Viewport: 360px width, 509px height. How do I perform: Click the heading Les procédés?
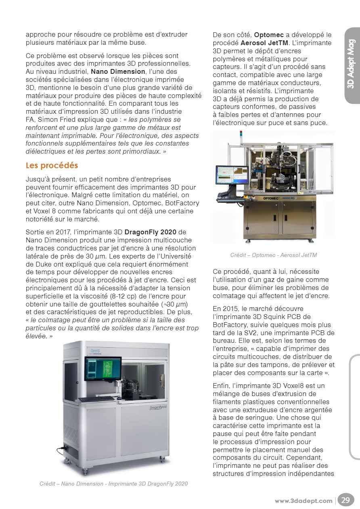coord(52,166)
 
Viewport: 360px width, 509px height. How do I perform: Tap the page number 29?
coord(346,500)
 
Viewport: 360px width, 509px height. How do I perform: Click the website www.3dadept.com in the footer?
coord(303,501)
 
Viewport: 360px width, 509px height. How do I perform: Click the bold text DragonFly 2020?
coord(151,232)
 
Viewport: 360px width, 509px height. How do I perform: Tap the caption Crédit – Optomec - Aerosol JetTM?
coord(273,255)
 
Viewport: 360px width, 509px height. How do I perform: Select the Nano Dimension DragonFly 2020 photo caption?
coord(113,484)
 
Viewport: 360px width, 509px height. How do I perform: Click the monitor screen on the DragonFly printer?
coord(103,368)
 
